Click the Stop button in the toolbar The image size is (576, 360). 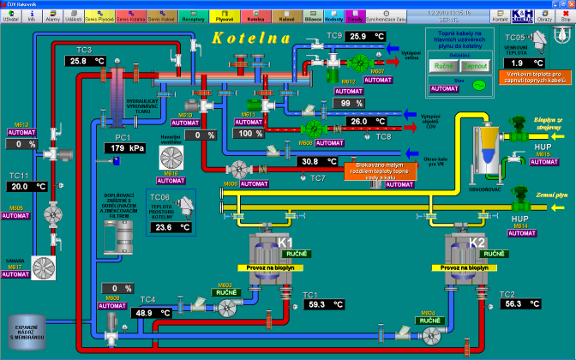[x=566, y=15]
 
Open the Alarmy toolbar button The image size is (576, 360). [x=52, y=15]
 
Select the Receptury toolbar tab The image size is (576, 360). [x=194, y=15]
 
